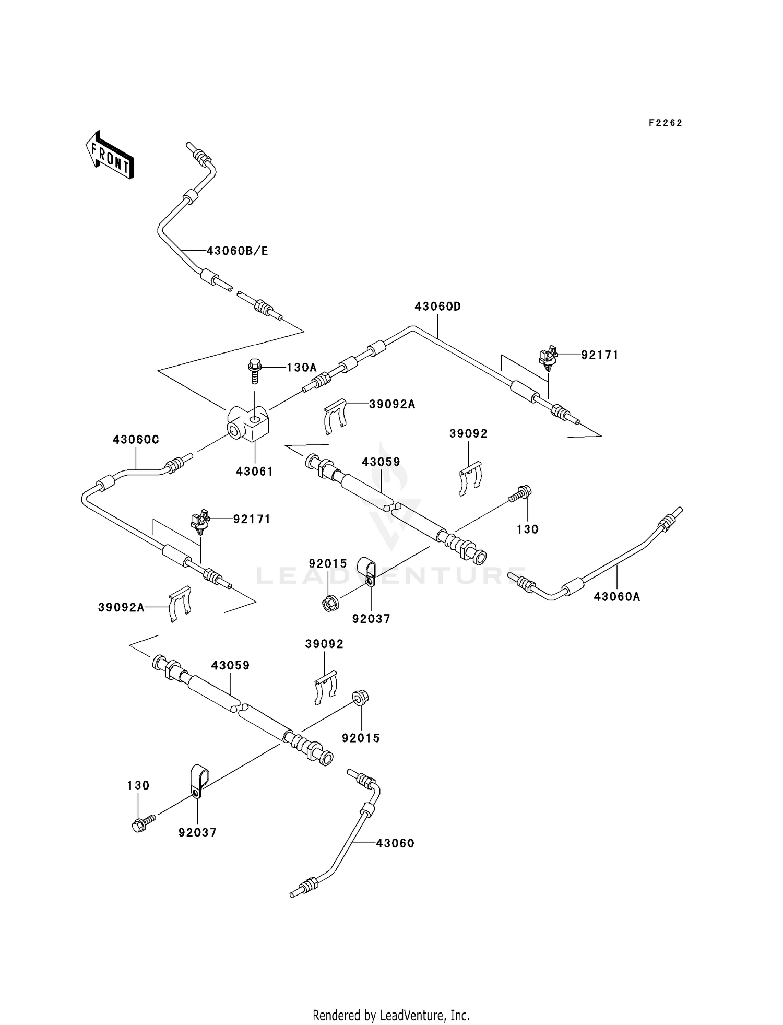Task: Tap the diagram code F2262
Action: [666, 123]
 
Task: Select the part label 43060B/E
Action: [238, 251]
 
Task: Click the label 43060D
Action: [438, 307]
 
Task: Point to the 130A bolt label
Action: [302, 367]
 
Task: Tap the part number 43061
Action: [254, 471]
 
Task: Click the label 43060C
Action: [136, 440]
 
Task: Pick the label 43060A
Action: [617, 596]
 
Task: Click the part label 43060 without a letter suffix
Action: [395, 843]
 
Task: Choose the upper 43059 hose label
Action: [381, 462]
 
